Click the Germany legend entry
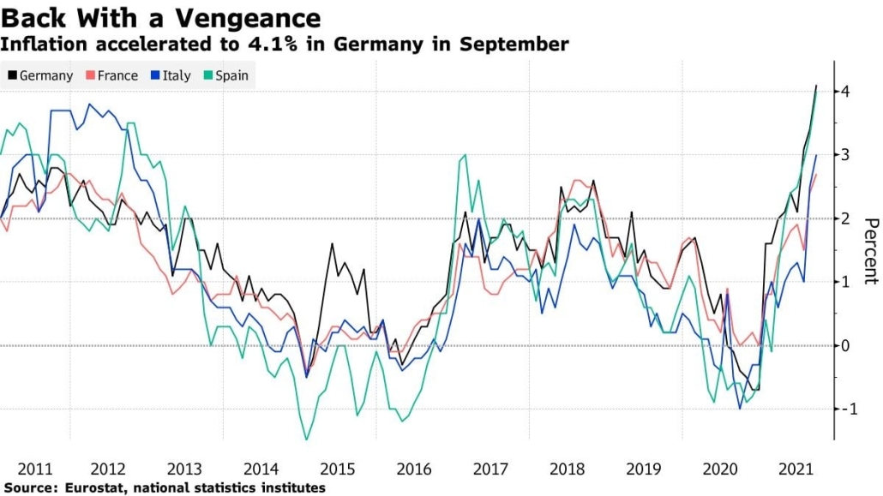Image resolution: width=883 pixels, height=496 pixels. point(41,75)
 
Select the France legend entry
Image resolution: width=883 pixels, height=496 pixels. point(111,75)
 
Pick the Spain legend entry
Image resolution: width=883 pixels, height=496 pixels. point(225,75)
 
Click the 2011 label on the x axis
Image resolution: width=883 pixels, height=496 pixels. point(34,469)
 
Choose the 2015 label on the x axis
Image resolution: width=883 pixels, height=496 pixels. point(338,469)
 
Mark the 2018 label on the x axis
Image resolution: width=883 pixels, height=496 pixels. point(566,469)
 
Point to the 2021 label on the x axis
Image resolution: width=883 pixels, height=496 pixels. point(794,469)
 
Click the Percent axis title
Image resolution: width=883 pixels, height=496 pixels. point(870,251)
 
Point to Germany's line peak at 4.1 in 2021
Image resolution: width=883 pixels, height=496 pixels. point(816,86)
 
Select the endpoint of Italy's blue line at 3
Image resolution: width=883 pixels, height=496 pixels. point(816,155)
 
